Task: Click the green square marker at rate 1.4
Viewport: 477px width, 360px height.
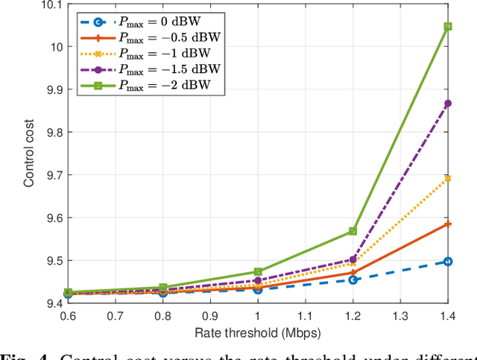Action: pos(447,26)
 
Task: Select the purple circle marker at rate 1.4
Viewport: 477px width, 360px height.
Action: pos(447,103)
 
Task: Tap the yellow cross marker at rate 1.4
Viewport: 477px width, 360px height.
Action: pos(447,178)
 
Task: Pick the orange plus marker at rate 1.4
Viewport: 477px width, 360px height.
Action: pos(447,224)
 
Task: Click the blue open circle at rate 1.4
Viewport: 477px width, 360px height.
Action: pos(447,261)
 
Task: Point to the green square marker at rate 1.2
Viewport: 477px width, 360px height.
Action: pos(353,231)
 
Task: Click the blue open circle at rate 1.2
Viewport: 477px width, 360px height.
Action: pos(353,280)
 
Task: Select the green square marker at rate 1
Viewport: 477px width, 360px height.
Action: pos(258,272)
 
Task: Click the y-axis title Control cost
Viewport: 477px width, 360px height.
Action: pos(29,149)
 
